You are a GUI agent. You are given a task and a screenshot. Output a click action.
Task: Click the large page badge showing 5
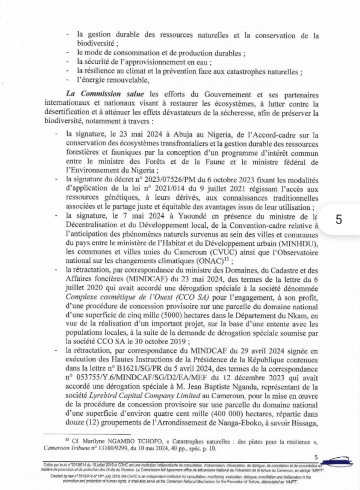point(339,220)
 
